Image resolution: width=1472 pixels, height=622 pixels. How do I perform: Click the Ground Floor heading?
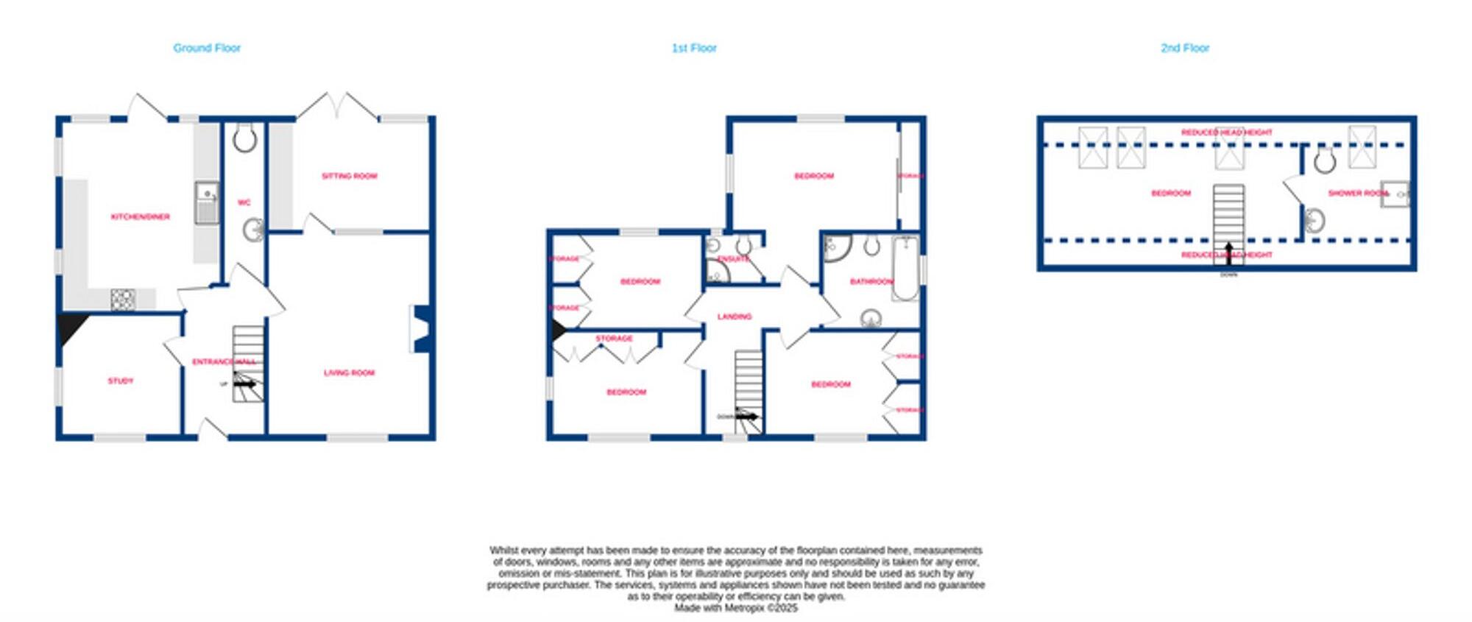click(207, 48)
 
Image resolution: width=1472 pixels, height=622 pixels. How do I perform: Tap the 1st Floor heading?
click(694, 48)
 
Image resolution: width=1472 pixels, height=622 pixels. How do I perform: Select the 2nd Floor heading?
click(1185, 48)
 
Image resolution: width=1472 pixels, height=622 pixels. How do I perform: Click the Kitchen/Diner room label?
click(140, 216)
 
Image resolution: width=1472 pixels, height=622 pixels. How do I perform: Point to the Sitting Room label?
click(350, 176)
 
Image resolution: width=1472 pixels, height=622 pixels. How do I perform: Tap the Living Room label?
click(350, 372)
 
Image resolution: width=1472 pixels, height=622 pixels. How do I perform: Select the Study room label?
click(121, 381)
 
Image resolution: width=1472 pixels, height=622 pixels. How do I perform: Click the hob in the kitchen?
click(122, 299)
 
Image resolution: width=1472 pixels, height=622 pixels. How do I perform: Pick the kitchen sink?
click(207, 202)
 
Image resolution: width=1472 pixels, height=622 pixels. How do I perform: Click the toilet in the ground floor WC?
click(244, 138)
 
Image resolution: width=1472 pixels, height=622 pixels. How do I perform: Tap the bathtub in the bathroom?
click(906, 269)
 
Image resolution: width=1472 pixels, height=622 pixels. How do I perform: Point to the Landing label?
click(735, 317)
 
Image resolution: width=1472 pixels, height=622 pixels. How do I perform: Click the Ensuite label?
click(733, 258)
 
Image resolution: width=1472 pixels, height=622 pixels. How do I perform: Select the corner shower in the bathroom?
click(837, 248)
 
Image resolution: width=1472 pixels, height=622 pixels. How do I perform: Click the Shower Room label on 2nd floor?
click(1357, 193)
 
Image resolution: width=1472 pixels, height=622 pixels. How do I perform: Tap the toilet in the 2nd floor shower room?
click(1325, 160)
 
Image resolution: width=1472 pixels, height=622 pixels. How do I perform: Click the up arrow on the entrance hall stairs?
click(246, 384)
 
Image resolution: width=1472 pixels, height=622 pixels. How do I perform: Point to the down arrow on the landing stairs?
click(746, 417)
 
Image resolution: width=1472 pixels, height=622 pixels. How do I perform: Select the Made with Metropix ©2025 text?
click(735, 608)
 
